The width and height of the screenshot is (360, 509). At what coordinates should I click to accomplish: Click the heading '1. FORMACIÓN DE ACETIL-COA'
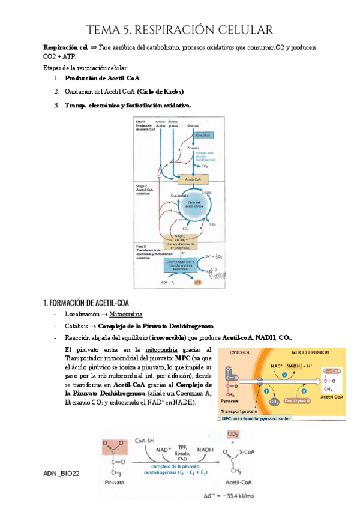pyautogui.click(x=86, y=301)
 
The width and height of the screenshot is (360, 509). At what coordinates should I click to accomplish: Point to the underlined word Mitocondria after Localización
pyautogui.click(x=125, y=314)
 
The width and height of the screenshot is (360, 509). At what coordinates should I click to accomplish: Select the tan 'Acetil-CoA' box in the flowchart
pyautogui.click(x=193, y=179)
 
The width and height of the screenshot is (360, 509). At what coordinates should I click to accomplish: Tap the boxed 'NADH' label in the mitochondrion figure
pyautogui.click(x=293, y=366)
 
